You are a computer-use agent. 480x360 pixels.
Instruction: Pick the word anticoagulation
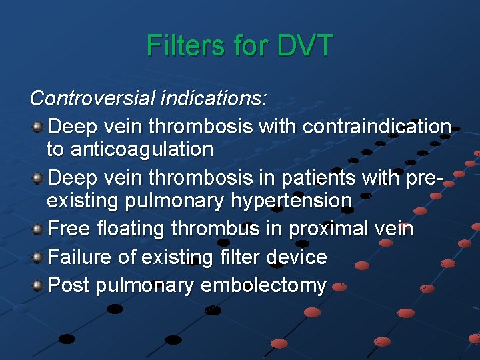pyautogui.click(x=129, y=149)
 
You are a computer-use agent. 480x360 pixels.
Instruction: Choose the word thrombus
pyautogui.click(x=215, y=229)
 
